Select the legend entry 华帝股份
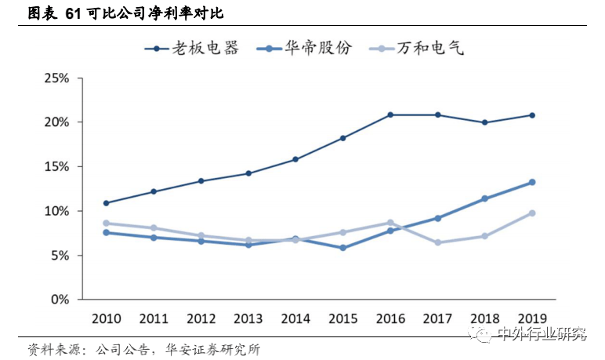317,48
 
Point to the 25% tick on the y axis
57,79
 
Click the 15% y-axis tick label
57,167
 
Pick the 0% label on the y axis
60,300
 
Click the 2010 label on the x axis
106,318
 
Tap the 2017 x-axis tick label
437,318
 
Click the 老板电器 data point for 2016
389,115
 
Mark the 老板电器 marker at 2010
106,203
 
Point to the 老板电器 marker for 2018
485,122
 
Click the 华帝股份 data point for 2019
532,182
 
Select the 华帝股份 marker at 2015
342,248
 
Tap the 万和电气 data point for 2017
437,242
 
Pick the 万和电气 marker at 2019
532,213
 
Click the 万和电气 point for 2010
106,223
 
